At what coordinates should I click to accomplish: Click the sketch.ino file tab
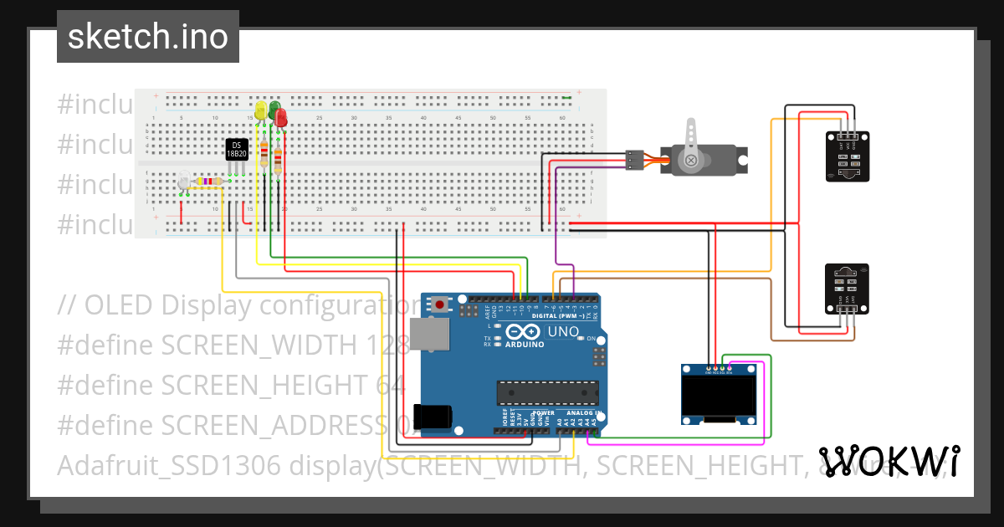(148, 37)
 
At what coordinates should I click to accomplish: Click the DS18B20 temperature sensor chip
(238, 149)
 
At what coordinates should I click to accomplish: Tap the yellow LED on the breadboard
(261, 110)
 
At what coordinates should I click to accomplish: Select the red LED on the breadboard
(281, 118)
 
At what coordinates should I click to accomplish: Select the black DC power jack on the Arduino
(433, 416)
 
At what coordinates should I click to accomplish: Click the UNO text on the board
(563, 332)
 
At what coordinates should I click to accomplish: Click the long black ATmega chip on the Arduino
(548, 392)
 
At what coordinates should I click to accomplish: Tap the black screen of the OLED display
(717, 397)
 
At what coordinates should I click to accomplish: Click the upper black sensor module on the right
(848, 156)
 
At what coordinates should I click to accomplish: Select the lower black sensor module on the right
(848, 286)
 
